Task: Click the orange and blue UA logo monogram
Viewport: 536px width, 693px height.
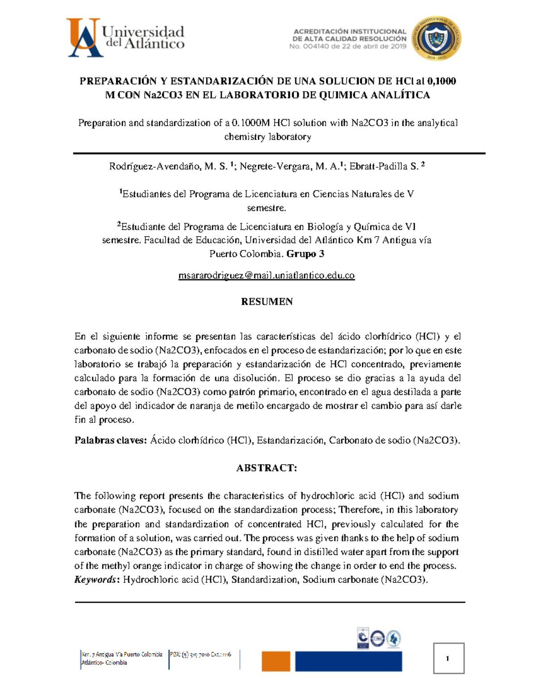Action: pos(85,38)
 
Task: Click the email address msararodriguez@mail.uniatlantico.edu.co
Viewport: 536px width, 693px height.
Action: pos(266,276)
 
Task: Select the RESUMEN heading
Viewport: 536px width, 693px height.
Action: pos(267,302)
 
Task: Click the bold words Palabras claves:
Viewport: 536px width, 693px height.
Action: pos(110,440)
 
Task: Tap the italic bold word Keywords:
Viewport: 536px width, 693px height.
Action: pos(96,580)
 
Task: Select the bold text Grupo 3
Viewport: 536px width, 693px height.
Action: pos(305,254)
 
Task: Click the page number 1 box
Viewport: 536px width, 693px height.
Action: pos(448,658)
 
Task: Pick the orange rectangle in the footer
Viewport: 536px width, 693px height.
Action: pos(276,661)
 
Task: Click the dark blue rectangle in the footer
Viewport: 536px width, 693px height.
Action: pos(348,661)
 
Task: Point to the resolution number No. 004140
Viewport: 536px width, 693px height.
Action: pos(309,46)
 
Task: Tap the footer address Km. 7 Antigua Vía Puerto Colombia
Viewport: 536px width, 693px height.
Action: pos(121,655)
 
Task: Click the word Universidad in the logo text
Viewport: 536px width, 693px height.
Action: pos(143,32)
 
